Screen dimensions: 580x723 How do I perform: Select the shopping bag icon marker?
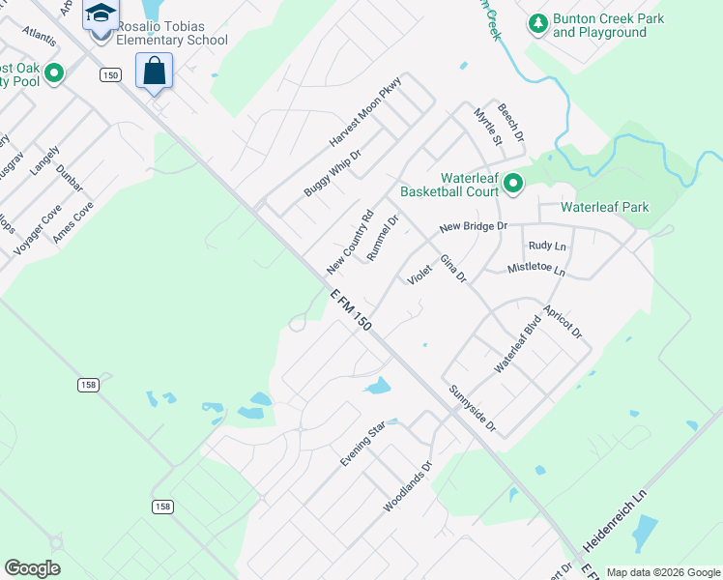tap(155, 71)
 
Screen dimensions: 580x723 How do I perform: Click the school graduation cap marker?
tap(100, 14)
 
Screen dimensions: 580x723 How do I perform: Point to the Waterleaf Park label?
tap(605, 207)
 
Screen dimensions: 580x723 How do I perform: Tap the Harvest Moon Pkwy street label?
tap(364, 112)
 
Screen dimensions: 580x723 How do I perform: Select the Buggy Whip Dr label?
tap(332, 173)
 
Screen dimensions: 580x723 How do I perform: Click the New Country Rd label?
tap(350, 242)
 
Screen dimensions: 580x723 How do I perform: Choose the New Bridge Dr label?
tap(473, 226)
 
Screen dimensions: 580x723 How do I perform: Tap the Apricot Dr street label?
tap(563, 318)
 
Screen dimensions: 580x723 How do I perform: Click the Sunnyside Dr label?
tap(472, 409)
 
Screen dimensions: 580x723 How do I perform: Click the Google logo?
tap(32, 568)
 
